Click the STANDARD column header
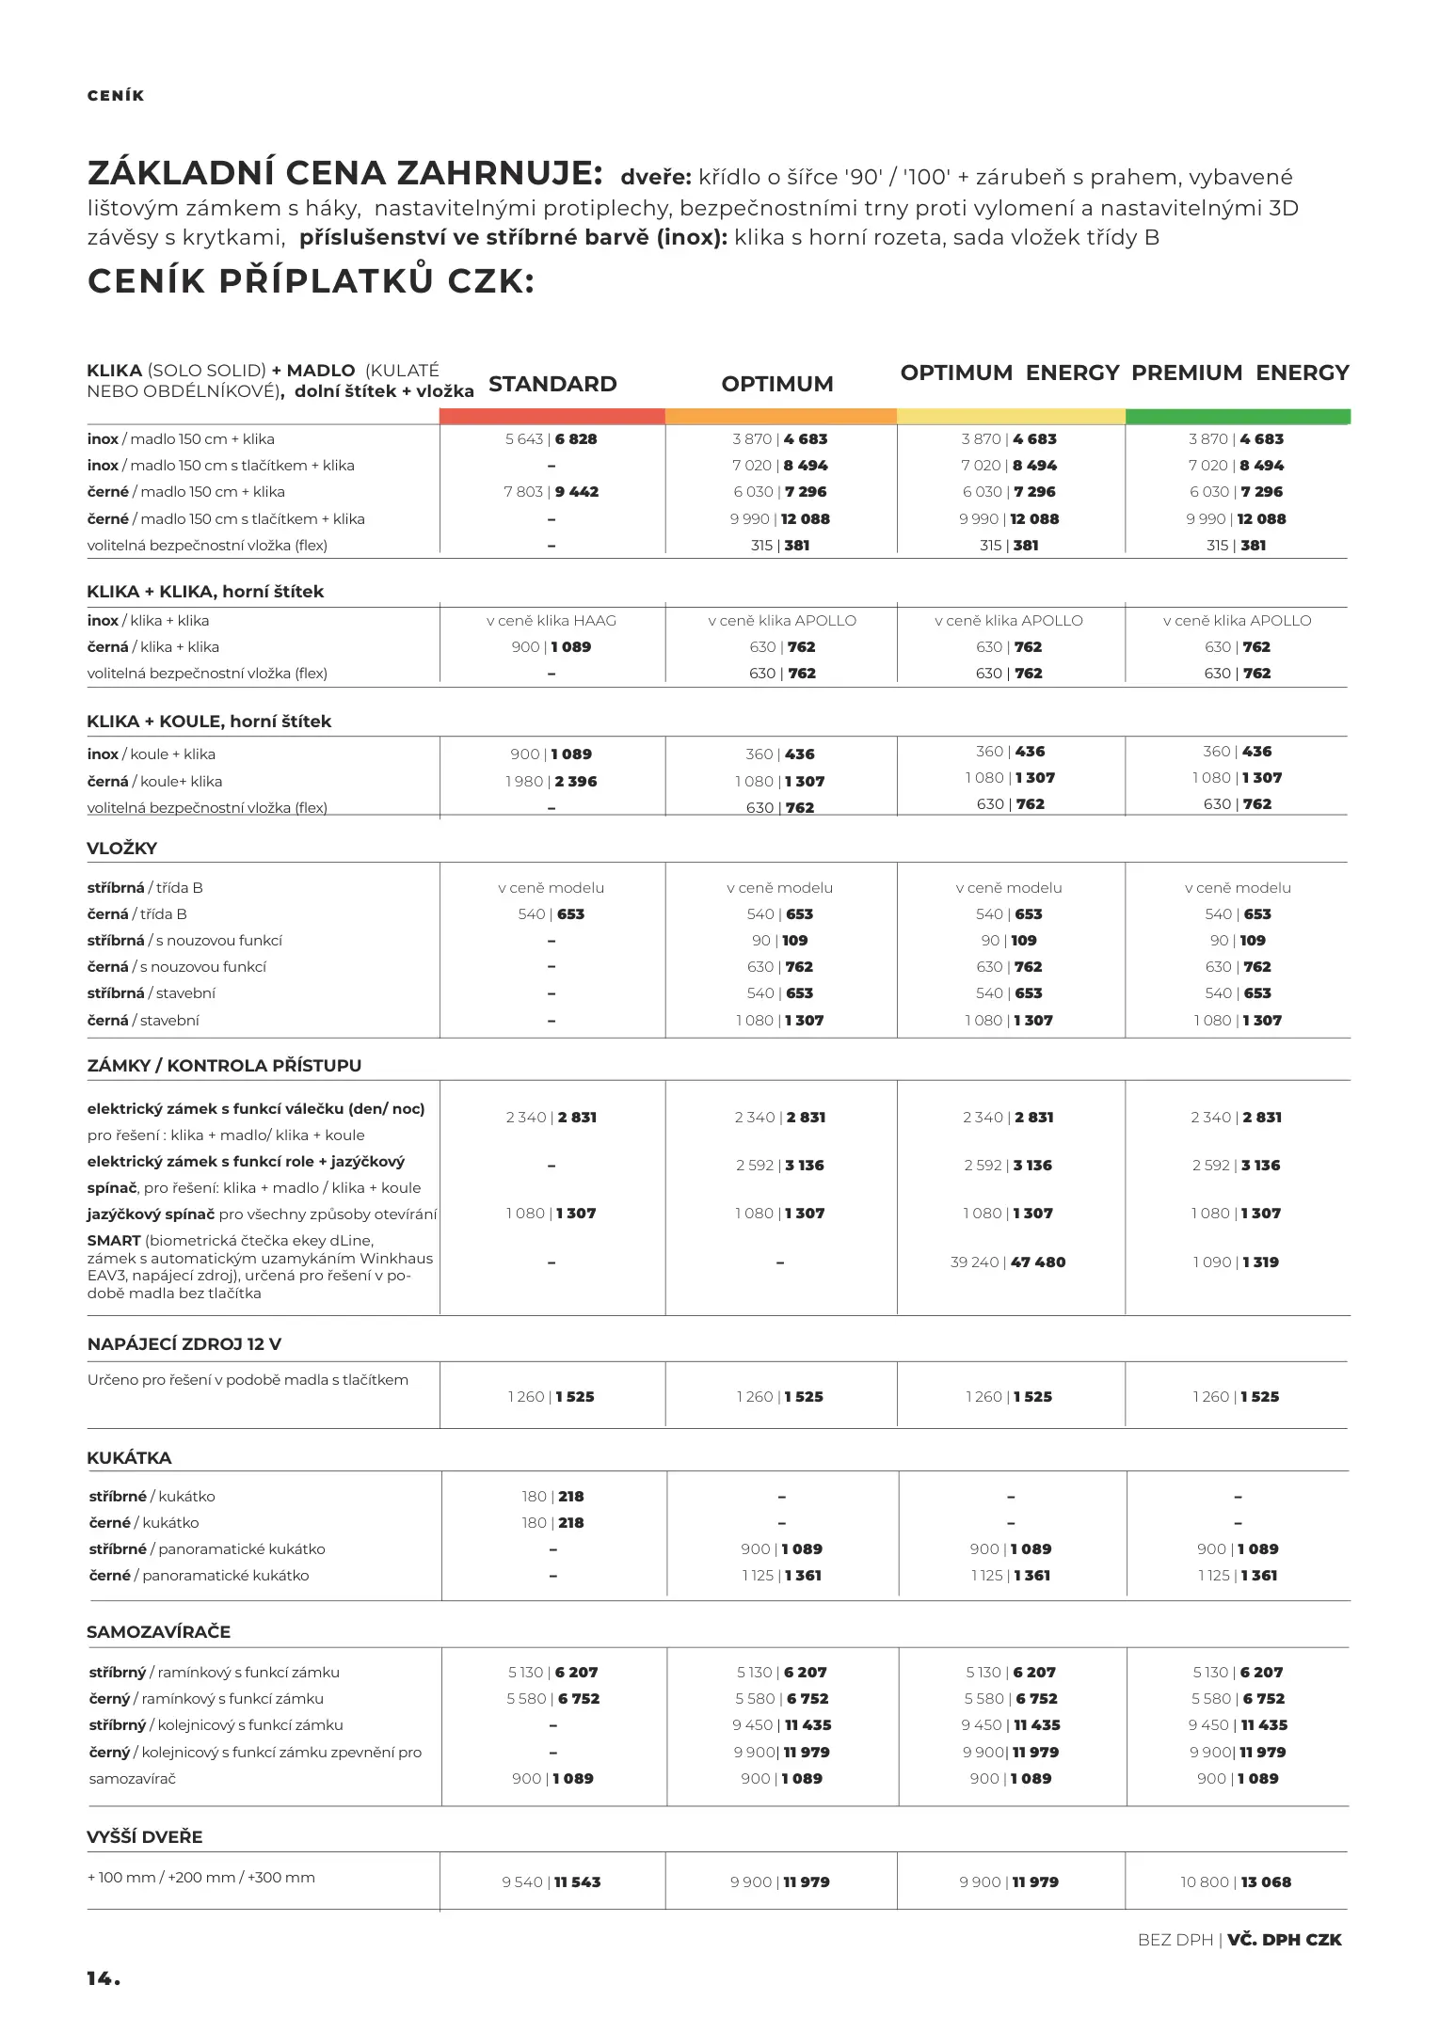[x=552, y=384]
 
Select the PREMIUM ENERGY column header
[x=1239, y=373]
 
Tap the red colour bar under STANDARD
[x=552, y=416]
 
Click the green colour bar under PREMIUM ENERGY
[x=1238, y=416]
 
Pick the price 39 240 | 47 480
[x=1008, y=1262]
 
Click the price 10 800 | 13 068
[x=1236, y=1881]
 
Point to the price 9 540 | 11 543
[x=552, y=1881]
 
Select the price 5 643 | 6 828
[x=552, y=439]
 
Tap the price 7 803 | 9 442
[x=552, y=492]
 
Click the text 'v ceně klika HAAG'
[x=552, y=621]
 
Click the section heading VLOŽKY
[x=122, y=849]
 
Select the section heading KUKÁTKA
[x=129, y=1458]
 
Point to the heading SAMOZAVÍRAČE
[x=158, y=1632]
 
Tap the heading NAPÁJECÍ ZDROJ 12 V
[x=184, y=1344]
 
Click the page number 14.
[x=104, y=1978]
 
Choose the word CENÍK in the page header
[x=116, y=96]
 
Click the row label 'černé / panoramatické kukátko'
[x=199, y=1576]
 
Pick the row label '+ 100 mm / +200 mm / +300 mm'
[x=201, y=1878]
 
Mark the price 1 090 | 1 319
[x=1236, y=1262]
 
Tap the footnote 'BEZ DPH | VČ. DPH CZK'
[x=1239, y=1940]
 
